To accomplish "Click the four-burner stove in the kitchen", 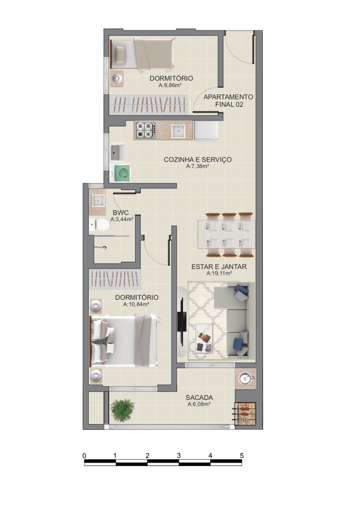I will click(145, 131).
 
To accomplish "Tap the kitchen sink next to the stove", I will click(179, 131).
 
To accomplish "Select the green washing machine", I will click(122, 172).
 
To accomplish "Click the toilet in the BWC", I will click(100, 226).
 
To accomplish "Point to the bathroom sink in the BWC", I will click(98, 200).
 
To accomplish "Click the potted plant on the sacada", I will click(123, 409).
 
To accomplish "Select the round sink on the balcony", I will click(246, 378).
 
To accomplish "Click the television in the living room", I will click(182, 321).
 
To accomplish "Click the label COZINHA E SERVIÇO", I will click(197, 159).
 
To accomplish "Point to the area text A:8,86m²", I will click(170, 85).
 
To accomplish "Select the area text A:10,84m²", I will click(136, 304).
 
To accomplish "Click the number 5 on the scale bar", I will click(241, 455).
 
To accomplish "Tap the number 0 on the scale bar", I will click(84, 455).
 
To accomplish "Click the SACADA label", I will click(199, 398).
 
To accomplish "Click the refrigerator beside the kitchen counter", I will click(206, 131).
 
